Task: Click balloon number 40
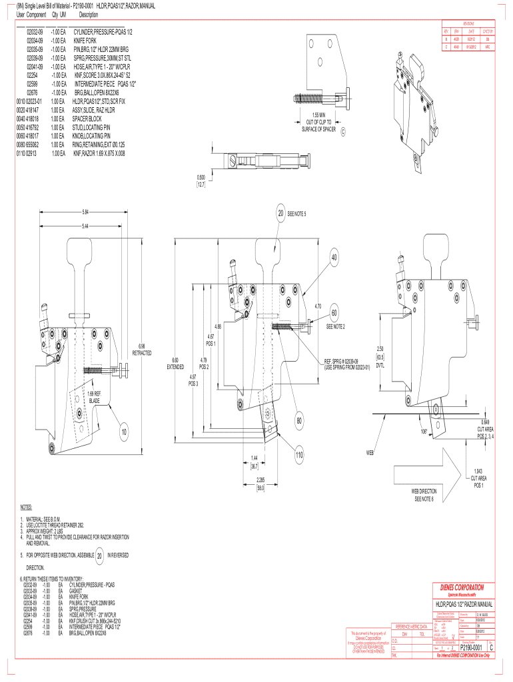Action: click(x=334, y=258)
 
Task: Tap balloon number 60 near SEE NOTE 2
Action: click(x=334, y=313)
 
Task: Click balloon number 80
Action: click(x=300, y=421)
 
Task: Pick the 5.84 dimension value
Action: click(x=86, y=212)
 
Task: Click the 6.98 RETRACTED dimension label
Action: click(x=143, y=349)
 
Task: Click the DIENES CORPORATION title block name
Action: click(x=466, y=587)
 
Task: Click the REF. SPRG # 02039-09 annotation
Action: click(x=346, y=363)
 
